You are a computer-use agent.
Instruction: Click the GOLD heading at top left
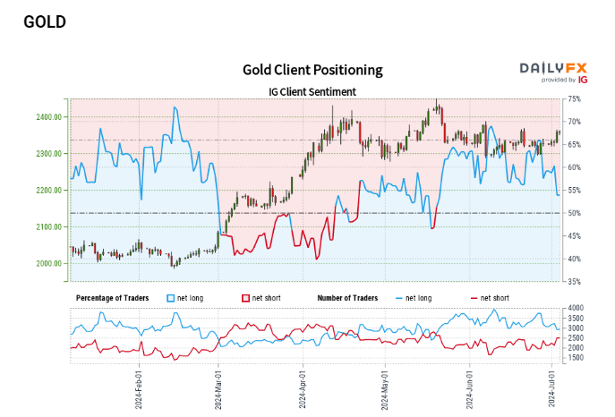pos(45,21)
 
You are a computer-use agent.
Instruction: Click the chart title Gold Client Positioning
pos(312,70)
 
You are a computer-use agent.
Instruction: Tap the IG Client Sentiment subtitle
pos(312,91)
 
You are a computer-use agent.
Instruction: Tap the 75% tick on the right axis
pos(574,98)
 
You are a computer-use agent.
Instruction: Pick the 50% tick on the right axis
pos(574,213)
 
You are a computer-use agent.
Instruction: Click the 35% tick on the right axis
pos(574,282)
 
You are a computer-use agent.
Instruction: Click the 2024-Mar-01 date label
pos(218,387)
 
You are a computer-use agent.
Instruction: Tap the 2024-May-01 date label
pos(384,387)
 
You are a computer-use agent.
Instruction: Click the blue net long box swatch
pos(172,296)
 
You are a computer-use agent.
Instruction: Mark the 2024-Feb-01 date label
pos(141,387)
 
